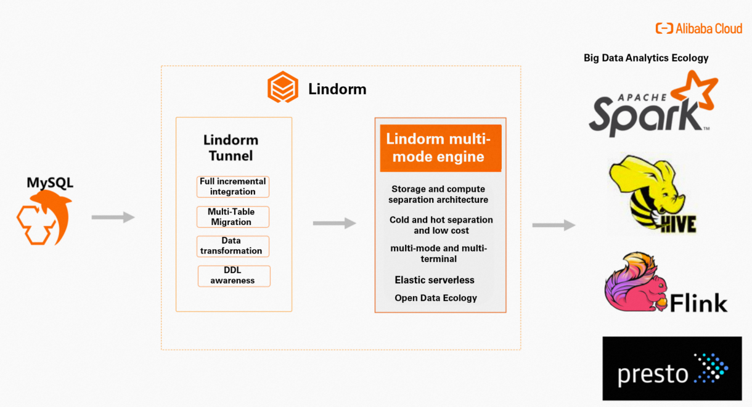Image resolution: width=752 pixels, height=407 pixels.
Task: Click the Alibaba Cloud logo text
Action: [708, 28]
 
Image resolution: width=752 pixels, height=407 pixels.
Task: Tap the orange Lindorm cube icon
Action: [282, 87]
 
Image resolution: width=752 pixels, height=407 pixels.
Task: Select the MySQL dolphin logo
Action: [43, 216]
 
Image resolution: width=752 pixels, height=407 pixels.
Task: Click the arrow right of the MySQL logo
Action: [113, 217]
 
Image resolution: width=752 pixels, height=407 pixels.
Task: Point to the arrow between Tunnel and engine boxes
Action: [334, 223]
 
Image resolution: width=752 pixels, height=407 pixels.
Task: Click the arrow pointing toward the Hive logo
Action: [554, 225]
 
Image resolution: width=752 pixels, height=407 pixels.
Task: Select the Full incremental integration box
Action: [233, 187]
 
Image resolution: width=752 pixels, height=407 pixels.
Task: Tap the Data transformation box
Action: [233, 246]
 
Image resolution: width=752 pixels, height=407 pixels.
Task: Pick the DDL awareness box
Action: [234, 276]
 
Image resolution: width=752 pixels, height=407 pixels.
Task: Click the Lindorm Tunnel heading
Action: [231, 148]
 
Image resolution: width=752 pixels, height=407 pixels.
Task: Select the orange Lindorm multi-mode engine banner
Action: [441, 148]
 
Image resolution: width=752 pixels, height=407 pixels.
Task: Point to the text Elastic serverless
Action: [435, 280]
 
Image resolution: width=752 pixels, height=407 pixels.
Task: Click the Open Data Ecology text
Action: [436, 298]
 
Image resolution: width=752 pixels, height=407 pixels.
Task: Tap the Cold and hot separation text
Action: [441, 225]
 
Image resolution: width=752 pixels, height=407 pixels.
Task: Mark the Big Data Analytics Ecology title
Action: [646, 58]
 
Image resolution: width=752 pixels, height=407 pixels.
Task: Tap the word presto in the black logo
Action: [653, 374]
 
